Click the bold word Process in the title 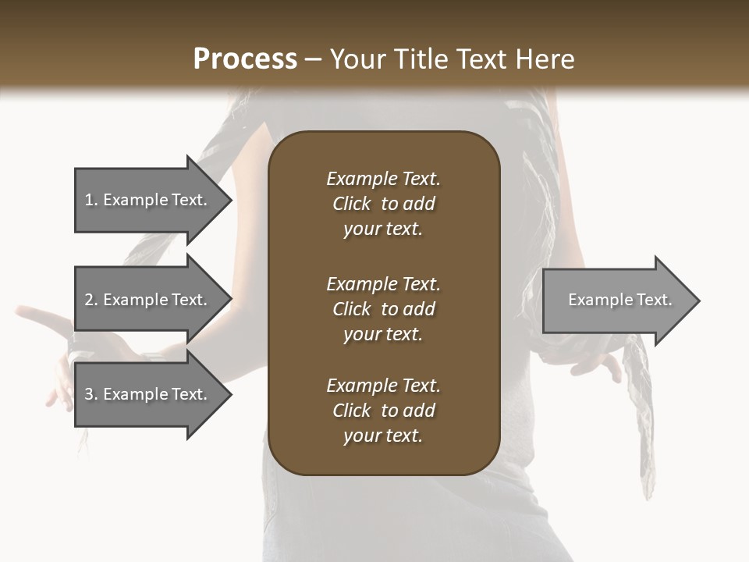pyautogui.click(x=245, y=59)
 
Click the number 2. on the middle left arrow pyautogui.click(x=92, y=300)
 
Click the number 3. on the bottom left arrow pyautogui.click(x=92, y=394)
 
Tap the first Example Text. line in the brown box pyautogui.click(x=383, y=179)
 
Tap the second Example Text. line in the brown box pyautogui.click(x=383, y=284)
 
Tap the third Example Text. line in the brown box pyautogui.click(x=383, y=386)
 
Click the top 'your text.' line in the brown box pyautogui.click(x=383, y=229)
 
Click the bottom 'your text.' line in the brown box pyautogui.click(x=383, y=436)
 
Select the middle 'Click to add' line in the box pyautogui.click(x=383, y=309)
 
